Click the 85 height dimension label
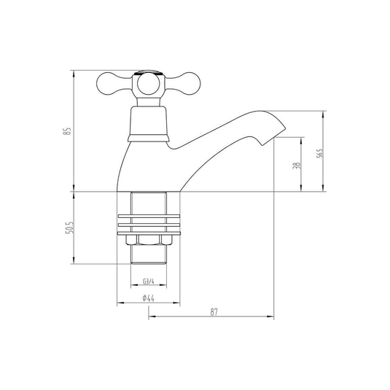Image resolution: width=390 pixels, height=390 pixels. tap(67, 131)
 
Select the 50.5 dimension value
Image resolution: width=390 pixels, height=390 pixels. tap(70, 227)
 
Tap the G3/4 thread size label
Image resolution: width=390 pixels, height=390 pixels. tap(149, 281)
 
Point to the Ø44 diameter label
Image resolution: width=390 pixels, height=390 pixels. tap(149, 298)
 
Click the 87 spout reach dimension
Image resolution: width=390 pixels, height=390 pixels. tap(214, 312)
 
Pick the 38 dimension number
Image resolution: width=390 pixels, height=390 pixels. tap(297, 165)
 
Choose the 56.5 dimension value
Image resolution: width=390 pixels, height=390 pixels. tap(319, 153)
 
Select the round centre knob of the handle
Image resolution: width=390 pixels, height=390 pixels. tap(148, 84)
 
